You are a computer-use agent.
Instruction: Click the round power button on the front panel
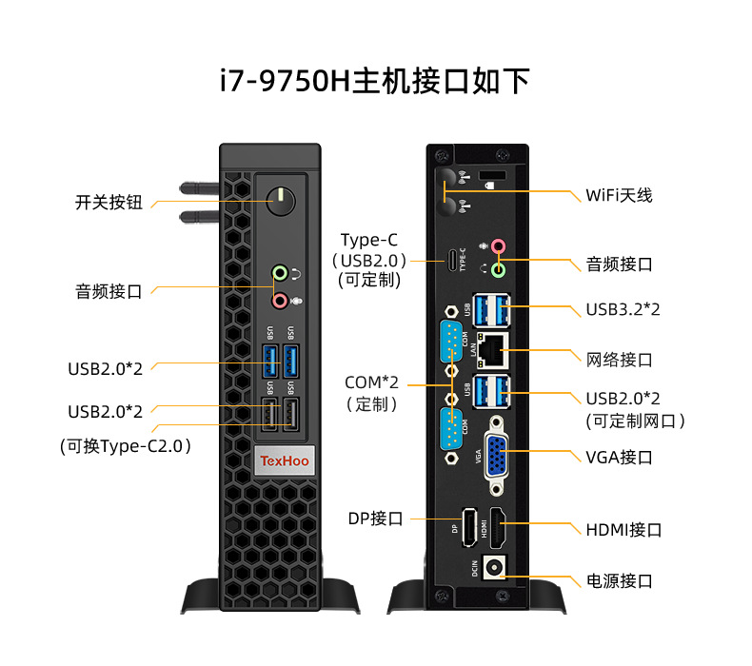(x=280, y=201)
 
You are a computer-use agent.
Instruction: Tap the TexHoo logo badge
(x=284, y=461)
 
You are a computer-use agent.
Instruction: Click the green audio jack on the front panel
(x=280, y=274)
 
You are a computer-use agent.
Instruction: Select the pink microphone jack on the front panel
(x=280, y=301)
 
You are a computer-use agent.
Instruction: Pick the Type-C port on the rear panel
(x=450, y=258)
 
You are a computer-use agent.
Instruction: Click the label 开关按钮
(x=109, y=202)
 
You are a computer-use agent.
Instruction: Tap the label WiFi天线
(x=619, y=195)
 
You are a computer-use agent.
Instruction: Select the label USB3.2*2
(x=623, y=310)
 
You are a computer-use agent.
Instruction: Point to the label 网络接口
(x=619, y=360)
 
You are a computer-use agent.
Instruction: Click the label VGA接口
(x=619, y=457)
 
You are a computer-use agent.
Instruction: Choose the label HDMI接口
(x=623, y=530)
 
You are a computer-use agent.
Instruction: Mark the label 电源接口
(x=619, y=580)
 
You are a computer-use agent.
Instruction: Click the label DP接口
(x=375, y=519)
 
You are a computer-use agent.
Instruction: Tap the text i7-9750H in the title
(x=286, y=82)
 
